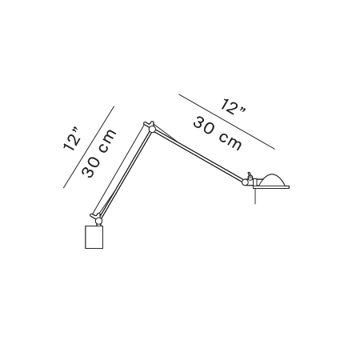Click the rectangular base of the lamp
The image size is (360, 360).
coord(94,237)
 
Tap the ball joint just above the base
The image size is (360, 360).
coord(98,221)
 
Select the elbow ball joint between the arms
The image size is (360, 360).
coord(152,130)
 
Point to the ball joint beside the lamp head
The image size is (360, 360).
coord(245,182)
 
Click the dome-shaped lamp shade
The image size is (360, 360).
coord(273,180)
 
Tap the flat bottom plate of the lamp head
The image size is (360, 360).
coord(271,187)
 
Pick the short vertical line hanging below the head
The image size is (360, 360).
coord(255,196)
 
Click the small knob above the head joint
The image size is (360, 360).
coord(250,175)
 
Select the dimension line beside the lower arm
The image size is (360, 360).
coord(89,147)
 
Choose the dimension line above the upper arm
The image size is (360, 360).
coord(226,122)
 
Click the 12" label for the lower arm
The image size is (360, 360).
coord(71,139)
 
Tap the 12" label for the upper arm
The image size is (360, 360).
coord(233,107)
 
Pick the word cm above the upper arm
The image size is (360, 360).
coord(230,141)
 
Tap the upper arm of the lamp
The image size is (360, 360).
coord(198,155)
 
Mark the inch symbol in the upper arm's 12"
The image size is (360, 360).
coord(242,110)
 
